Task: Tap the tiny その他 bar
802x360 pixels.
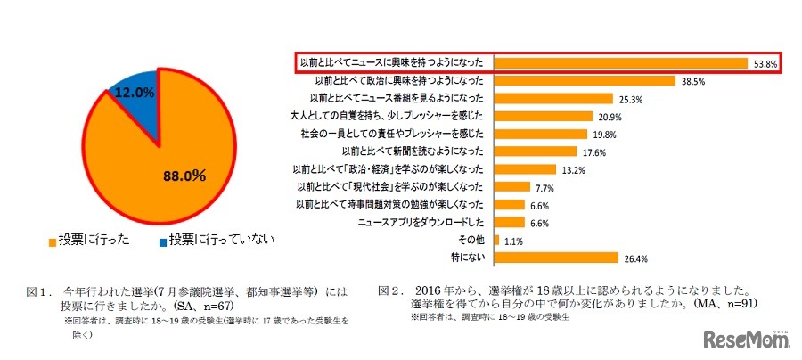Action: pos(495,240)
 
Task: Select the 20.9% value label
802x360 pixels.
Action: pos(609,117)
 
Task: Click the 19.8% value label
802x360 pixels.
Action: pos(606,134)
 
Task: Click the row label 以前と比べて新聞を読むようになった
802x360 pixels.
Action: pos(411,151)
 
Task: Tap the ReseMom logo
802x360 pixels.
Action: pos(746,339)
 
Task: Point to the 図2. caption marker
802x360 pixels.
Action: pos(390,290)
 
